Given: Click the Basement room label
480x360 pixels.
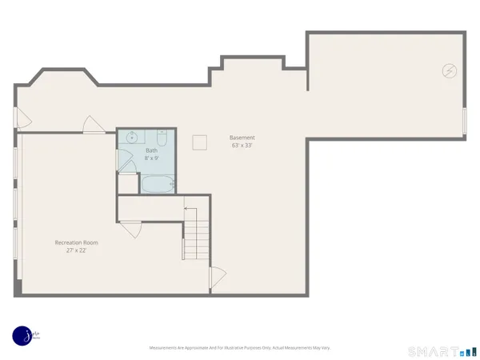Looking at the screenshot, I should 242,138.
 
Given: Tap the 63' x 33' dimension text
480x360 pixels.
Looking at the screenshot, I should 242,146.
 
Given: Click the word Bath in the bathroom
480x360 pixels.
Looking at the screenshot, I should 151,150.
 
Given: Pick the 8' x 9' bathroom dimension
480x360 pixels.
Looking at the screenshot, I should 151,158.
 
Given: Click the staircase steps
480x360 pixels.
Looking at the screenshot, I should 196,237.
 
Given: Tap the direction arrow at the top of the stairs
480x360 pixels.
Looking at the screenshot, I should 190,209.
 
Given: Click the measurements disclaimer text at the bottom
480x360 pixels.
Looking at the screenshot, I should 240,348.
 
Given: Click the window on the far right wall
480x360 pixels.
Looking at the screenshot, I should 464,120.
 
